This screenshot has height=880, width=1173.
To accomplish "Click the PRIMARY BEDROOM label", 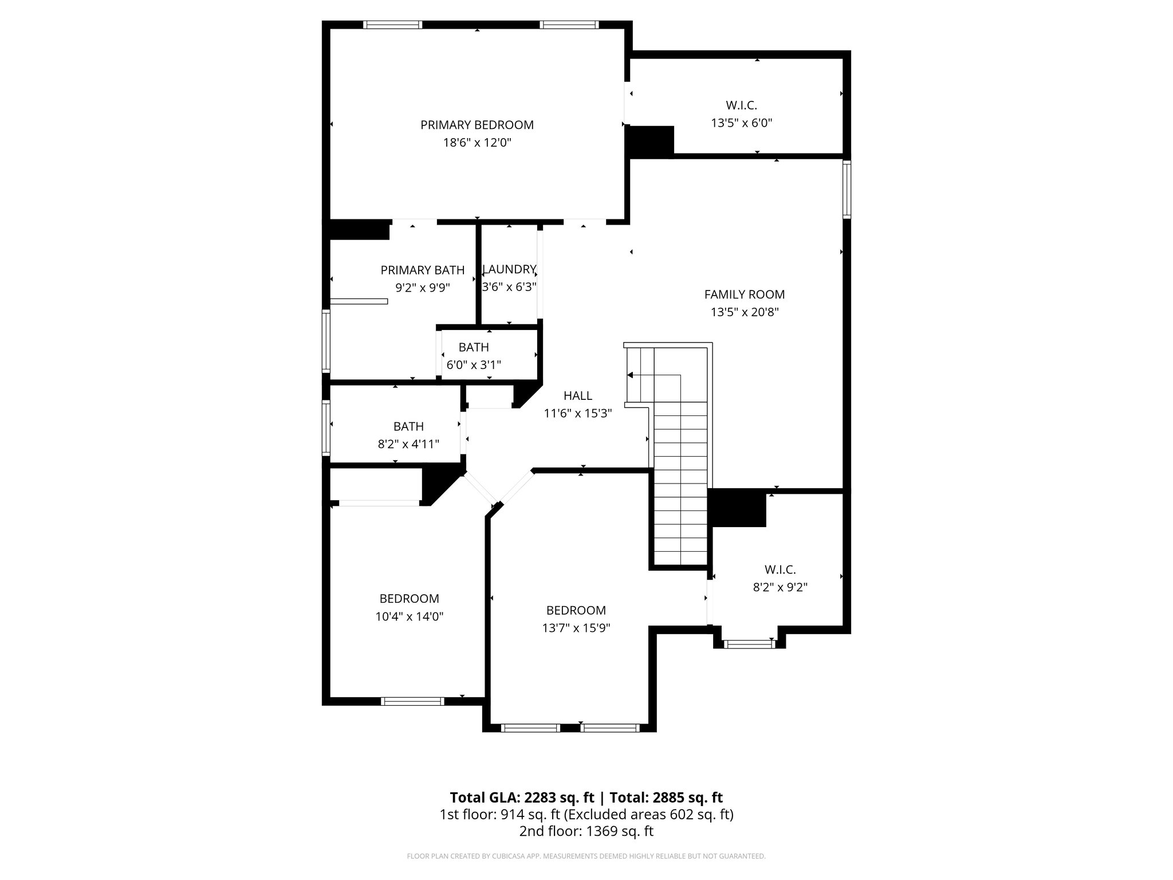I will coord(477,125).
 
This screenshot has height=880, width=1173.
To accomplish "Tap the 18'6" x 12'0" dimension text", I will coord(477,143).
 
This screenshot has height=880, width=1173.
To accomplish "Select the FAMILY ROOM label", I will coord(744,294).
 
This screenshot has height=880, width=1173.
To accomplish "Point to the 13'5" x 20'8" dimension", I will coord(744,312).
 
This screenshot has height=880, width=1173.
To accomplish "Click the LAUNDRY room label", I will coord(509,269).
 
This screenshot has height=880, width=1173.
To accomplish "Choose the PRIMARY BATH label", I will coord(423,270).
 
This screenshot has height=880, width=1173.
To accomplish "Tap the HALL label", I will coord(577,395).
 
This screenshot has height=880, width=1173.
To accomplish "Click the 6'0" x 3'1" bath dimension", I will coord(474,364).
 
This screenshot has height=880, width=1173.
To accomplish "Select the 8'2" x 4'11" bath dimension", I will coord(408,444).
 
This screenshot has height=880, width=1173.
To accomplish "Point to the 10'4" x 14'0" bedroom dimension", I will coord(409,616).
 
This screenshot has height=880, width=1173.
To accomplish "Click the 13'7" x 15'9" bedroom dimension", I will coord(576,628).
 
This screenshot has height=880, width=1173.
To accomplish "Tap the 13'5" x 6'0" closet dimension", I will coord(741,123).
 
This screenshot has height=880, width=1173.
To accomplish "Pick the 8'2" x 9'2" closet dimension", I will coord(780,587).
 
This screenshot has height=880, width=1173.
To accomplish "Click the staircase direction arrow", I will coord(631,375).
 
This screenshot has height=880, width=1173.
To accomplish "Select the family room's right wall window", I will coord(847,189).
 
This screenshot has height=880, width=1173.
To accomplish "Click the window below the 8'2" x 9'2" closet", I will coord(749,645).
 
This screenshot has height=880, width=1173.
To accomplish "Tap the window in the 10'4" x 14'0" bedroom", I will coord(412,701).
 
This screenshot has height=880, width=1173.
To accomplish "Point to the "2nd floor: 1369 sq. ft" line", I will coord(586,831).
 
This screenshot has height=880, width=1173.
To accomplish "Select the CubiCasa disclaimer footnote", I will coord(586,857).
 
